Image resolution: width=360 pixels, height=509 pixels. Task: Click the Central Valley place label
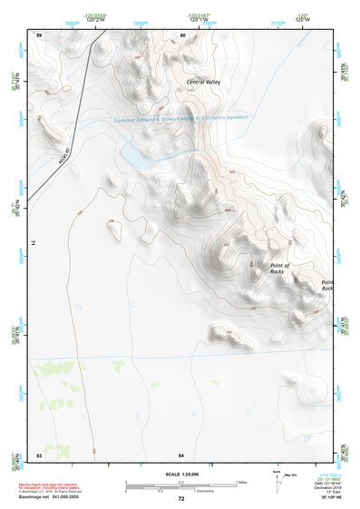pyautogui.click(x=202, y=83)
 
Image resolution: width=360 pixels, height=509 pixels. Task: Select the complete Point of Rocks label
pyautogui.click(x=278, y=269)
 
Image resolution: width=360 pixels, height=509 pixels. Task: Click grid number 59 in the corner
pyautogui.click(x=39, y=34)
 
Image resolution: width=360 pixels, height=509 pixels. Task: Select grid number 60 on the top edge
pyautogui.click(x=182, y=34)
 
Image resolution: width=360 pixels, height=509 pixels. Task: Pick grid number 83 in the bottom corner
pyautogui.click(x=39, y=453)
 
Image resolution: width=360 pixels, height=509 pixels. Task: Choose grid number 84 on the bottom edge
pyautogui.click(x=181, y=453)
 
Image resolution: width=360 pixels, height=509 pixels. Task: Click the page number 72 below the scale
pyautogui.click(x=180, y=498)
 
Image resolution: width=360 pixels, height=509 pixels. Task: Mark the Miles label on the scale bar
pyautogui.click(x=240, y=482)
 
